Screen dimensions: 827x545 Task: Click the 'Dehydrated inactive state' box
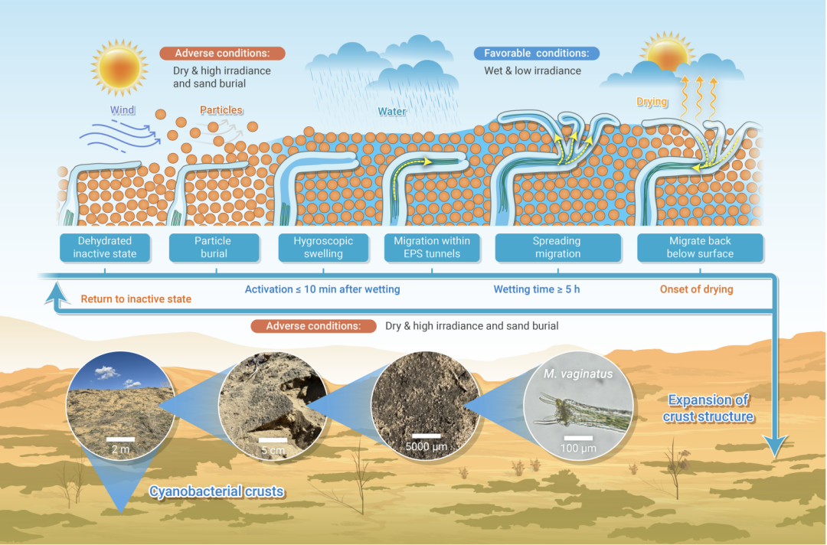click(104, 247)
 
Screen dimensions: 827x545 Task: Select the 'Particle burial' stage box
click(214, 247)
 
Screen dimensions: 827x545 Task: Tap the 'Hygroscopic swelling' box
click(323, 247)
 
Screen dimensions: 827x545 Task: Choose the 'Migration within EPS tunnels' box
click(432, 247)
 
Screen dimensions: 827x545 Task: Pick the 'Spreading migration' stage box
click(557, 247)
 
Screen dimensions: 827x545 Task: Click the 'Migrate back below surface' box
click(700, 247)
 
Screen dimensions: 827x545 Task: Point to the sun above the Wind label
click(119, 67)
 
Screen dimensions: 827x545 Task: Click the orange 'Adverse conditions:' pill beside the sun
click(222, 54)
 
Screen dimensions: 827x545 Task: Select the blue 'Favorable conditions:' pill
click(536, 54)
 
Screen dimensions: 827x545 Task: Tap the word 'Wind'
click(123, 110)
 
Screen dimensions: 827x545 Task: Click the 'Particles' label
click(221, 110)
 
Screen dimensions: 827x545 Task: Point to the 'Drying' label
click(652, 102)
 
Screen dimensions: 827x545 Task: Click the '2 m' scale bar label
click(120, 449)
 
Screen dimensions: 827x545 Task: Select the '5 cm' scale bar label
click(273, 451)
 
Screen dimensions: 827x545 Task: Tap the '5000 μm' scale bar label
click(427, 447)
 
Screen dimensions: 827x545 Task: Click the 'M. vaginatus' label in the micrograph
click(578, 374)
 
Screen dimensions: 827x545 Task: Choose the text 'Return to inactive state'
click(136, 299)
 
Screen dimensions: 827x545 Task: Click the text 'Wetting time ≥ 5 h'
click(536, 289)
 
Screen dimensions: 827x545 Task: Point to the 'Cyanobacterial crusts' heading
click(216, 491)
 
